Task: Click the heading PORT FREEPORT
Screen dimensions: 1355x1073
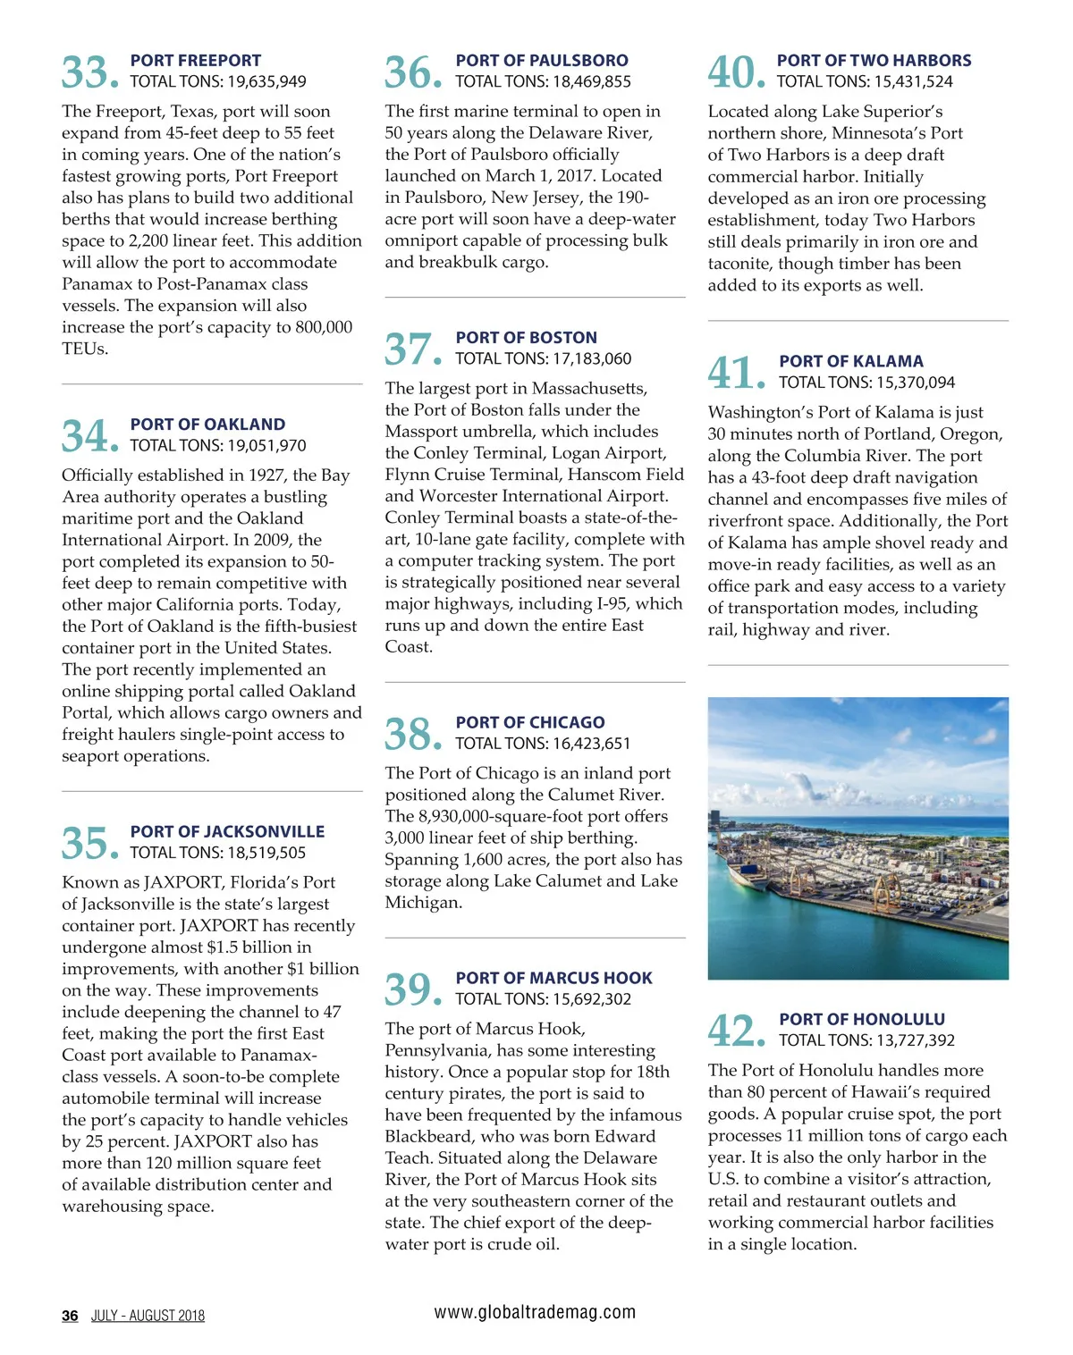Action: [196, 61]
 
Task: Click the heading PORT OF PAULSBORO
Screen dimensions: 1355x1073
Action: [542, 61]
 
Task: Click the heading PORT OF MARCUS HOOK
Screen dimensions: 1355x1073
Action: [554, 978]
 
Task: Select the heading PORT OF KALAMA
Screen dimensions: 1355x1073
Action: [851, 361]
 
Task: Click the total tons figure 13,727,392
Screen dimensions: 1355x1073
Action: [910, 1040]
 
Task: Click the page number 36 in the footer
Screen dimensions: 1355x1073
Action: [70, 1316]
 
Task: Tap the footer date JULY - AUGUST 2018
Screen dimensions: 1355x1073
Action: [148, 1316]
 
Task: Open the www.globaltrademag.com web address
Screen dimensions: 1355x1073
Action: [535, 1312]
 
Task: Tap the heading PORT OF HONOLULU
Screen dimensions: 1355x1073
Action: [862, 1019]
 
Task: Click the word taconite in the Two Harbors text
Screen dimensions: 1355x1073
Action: [740, 264]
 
